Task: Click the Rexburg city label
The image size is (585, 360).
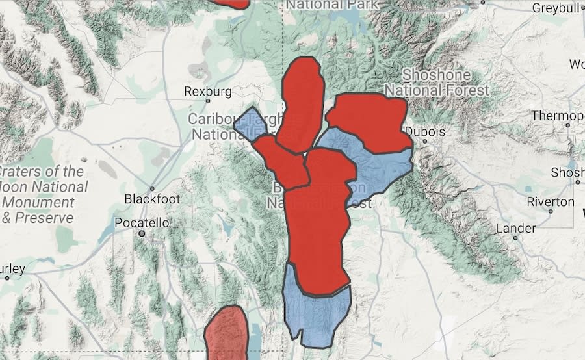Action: coord(208,92)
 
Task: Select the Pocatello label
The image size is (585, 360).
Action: coord(141,223)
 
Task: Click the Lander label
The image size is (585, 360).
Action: coord(516,228)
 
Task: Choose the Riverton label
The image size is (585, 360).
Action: coord(551,202)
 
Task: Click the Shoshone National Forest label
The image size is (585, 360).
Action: coord(445,83)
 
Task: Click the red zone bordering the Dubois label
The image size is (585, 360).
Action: coord(370,120)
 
